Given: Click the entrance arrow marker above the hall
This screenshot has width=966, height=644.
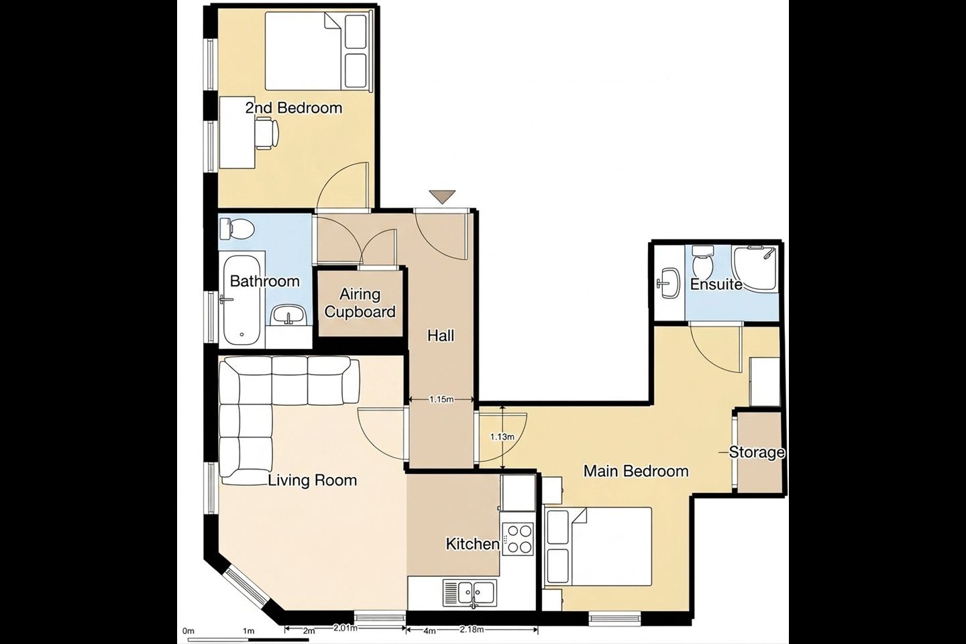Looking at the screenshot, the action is (442, 197).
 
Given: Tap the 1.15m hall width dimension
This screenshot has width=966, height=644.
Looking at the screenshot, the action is (441, 399).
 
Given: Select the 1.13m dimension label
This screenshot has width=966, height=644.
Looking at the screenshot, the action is (502, 437).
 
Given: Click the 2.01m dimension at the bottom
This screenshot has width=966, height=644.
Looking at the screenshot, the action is (345, 628).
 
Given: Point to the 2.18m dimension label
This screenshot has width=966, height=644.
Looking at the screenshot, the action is (471, 629).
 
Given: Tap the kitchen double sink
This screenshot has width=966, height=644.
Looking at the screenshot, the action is (470, 593).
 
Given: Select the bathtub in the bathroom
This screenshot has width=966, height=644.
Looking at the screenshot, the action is (241, 301).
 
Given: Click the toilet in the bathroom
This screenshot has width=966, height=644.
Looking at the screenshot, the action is (235, 229).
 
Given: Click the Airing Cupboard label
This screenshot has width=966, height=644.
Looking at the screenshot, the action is (360, 303).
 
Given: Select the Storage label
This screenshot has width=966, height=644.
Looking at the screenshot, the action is (757, 452).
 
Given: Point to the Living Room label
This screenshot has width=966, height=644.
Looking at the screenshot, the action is (313, 480).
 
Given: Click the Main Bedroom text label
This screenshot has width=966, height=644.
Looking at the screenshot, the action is (636, 471).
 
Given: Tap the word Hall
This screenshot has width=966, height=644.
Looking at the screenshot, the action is (441, 335).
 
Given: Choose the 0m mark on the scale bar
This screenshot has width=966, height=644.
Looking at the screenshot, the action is (189, 631).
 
